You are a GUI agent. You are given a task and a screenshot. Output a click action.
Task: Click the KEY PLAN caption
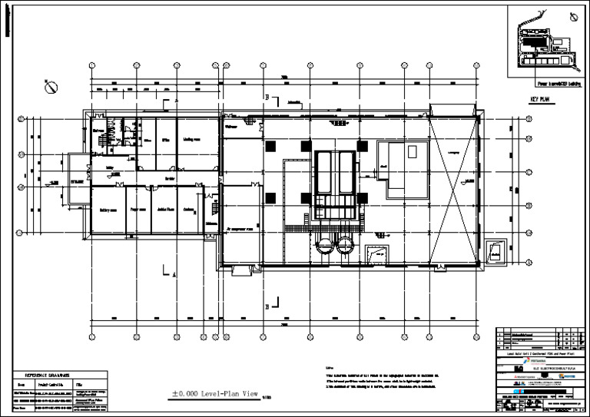[x=539, y=100]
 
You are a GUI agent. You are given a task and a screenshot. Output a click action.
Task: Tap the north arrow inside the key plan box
[x=573, y=16]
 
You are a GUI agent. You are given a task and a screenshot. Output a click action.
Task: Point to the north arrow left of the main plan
[x=51, y=88]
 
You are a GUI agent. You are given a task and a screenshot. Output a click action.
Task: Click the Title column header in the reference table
[x=79, y=382]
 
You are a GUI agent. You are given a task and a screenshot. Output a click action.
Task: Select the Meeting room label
[x=191, y=140]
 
